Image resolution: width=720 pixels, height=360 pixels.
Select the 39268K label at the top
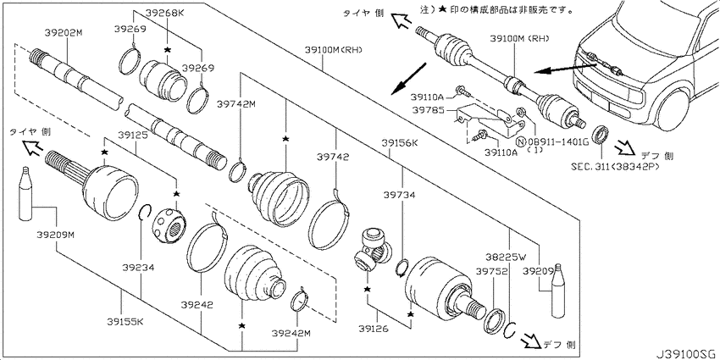pyautogui.click(x=166, y=14)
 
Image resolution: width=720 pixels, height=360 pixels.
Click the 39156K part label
pyautogui.click(x=400, y=143)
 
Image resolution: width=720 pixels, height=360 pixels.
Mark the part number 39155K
pyautogui.click(x=125, y=323)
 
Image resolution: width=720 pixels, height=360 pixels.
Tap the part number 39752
pyautogui.click(x=490, y=271)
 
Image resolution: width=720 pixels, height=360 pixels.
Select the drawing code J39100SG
pyautogui.click(x=685, y=350)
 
